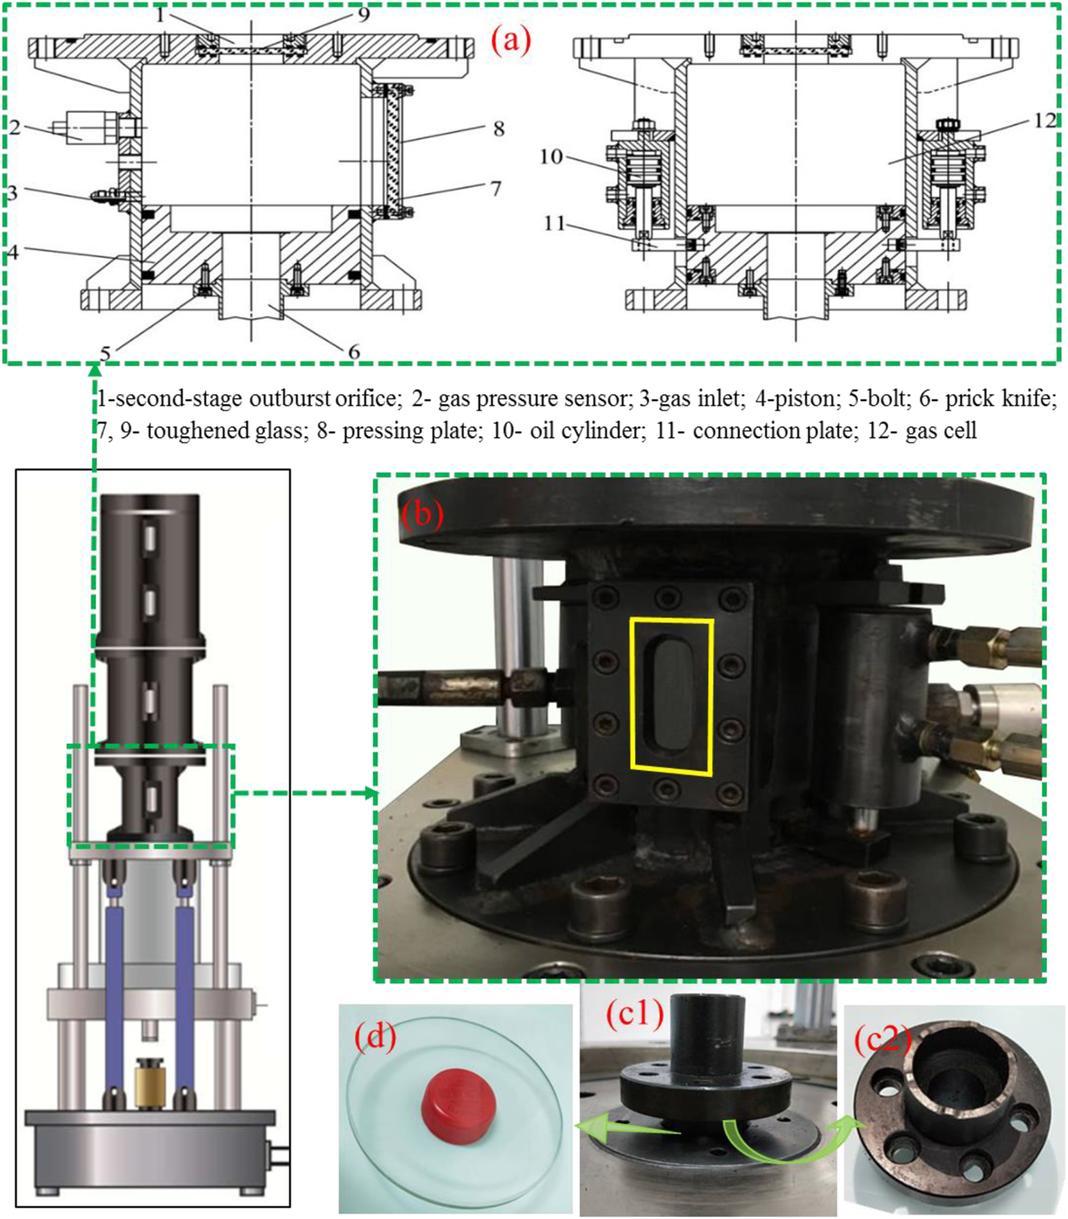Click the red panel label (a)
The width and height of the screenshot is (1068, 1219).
pyautogui.click(x=511, y=41)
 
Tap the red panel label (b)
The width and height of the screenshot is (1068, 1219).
pyautogui.click(x=422, y=514)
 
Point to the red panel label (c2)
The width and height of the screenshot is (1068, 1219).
pyautogui.click(x=882, y=1040)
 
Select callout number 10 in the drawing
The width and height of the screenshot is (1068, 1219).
pyautogui.click(x=551, y=156)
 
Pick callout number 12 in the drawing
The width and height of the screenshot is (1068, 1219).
pyautogui.click(x=1044, y=121)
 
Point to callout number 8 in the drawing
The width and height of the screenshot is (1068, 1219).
pyautogui.click(x=498, y=128)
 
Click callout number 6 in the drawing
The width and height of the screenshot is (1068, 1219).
pyautogui.click(x=353, y=351)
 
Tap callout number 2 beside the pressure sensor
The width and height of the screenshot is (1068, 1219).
pyautogui.click(x=15, y=127)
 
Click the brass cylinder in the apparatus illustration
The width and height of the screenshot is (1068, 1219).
pyautogui.click(x=151, y=1081)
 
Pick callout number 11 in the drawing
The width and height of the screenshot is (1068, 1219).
pyautogui.click(x=554, y=224)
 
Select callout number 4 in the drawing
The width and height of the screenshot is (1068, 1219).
pyautogui.click(x=12, y=252)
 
